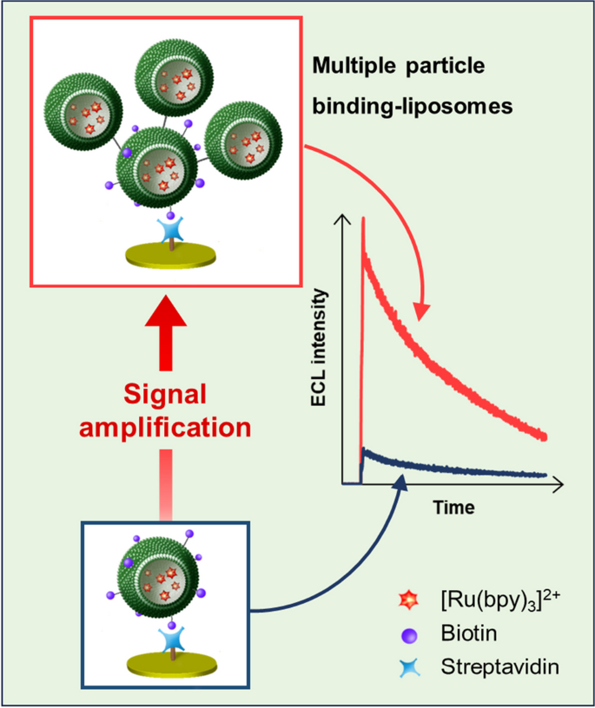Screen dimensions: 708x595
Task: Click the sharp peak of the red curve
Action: click(362, 221)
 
